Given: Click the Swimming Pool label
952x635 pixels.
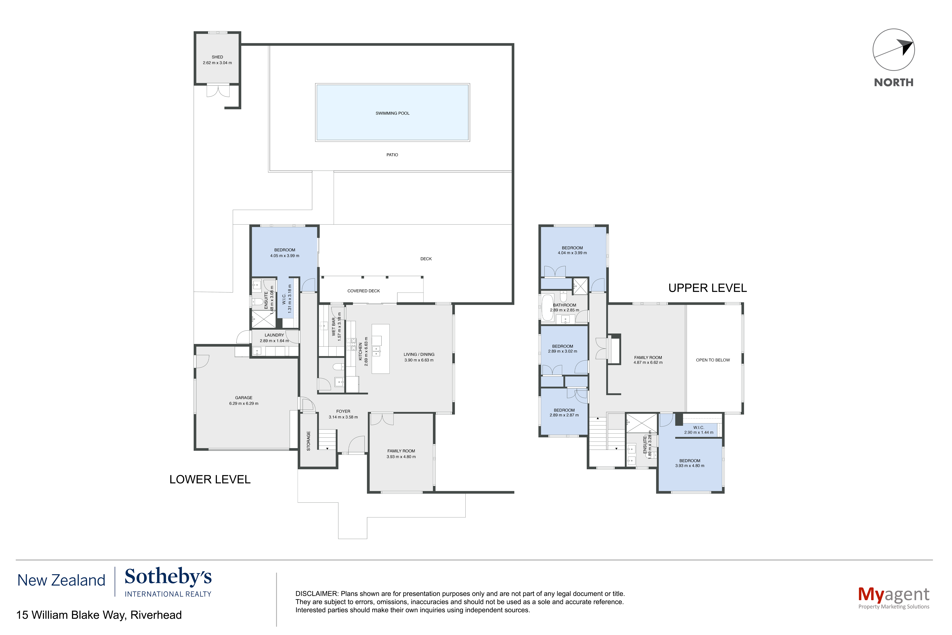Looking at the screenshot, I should pyautogui.click(x=392, y=113).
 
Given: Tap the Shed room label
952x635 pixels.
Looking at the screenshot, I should pyautogui.click(x=217, y=57).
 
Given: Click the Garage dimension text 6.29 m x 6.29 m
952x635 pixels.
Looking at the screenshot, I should pyautogui.click(x=244, y=403).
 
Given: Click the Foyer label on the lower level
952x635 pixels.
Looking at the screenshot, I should pyautogui.click(x=343, y=411).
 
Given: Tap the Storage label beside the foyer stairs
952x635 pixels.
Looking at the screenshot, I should pyautogui.click(x=308, y=441).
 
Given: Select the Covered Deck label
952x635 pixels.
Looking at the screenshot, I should pyautogui.click(x=363, y=291).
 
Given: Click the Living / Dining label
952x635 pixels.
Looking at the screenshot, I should pyautogui.click(x=419, y=354).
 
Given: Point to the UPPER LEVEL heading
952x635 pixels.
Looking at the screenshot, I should pyautogui.click(x=707, y=288).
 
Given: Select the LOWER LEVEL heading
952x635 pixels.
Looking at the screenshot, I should pyautogui.click(x=210, y=479).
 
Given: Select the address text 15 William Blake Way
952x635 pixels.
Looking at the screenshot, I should pyautogui.click(x=71, y=615).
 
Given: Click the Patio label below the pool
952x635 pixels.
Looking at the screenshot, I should pyautogui.click(x=392, y=155).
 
